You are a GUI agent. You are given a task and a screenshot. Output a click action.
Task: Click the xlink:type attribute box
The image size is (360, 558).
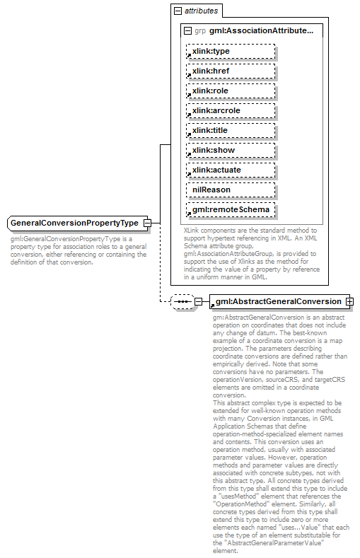(x=230, y=52)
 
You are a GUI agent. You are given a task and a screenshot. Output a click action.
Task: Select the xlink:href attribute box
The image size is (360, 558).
(x=230, y=71)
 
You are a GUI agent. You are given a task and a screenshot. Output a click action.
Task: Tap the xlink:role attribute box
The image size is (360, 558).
(x=230, y=91)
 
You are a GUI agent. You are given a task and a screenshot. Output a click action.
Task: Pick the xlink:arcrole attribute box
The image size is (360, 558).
(x=230, y=111)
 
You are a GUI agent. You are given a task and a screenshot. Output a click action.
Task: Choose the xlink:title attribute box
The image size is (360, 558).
(x=230, y=131)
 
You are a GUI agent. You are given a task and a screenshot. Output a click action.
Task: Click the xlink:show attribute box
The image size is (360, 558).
(x=230, y=151)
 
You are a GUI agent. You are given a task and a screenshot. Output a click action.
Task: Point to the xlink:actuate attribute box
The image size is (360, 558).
(x=230, y=170)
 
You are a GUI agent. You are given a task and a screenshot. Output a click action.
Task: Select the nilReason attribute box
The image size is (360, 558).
(x=230, y=190)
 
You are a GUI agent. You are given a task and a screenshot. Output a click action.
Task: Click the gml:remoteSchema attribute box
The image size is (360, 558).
(x=230, y=210)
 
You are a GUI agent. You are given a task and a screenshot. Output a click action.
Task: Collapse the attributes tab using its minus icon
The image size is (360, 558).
(x=177, y=11)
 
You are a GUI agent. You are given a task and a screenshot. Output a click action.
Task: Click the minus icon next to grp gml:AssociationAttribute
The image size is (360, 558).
(x=187, y=31)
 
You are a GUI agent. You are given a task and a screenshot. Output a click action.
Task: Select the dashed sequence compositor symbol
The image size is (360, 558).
(x=182, y=302)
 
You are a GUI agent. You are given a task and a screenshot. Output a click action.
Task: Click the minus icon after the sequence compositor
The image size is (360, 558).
(x=198, y=302)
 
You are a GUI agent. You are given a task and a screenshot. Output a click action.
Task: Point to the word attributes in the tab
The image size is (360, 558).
(x=201, y=11)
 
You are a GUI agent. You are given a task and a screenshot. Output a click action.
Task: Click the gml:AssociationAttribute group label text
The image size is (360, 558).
(x=261, y=31)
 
